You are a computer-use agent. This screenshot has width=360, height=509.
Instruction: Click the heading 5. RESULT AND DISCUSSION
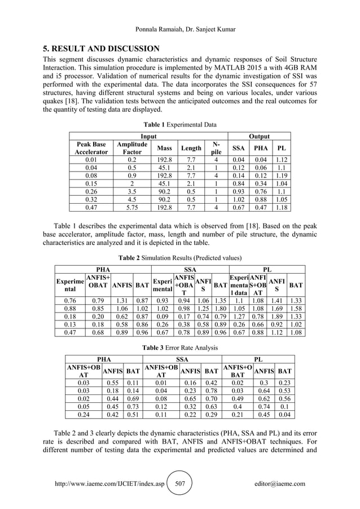point(101,47)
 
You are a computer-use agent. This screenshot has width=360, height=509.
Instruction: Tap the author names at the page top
point(179,29)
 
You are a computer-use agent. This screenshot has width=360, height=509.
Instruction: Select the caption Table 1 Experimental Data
point(180,124)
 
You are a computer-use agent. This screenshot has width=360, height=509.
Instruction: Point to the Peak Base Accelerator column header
point(90,148)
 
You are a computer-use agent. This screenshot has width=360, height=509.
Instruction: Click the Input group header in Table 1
point(148,137)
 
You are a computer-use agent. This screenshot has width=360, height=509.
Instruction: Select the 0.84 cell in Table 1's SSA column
point(237,183)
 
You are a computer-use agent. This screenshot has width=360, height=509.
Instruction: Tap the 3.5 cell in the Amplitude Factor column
point(132,191)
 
